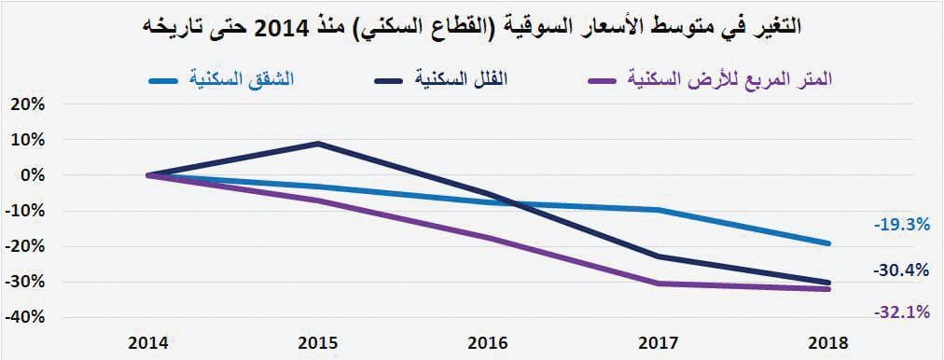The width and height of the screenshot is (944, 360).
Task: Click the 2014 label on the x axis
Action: point(149,342)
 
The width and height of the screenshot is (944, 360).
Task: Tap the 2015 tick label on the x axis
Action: point(319,342)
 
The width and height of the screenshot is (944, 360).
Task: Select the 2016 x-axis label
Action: point(490,342)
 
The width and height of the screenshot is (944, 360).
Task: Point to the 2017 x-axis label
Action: point(659,342)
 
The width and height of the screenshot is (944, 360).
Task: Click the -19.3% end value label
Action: point(901,225)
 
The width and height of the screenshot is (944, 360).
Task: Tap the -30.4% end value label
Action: point(901,270)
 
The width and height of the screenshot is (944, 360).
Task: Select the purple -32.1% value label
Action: point(901,312)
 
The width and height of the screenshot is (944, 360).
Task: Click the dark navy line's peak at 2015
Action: point(319,144)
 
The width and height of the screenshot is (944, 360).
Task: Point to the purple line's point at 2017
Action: point(659,284)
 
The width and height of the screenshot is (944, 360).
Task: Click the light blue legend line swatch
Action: point(168,80)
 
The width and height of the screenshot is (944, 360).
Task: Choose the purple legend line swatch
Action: point(606,80)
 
